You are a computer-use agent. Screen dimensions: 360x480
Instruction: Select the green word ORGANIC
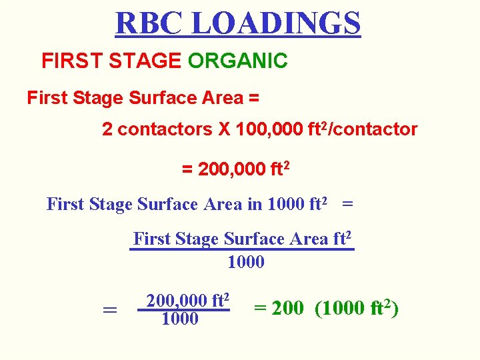(x=237, y=61)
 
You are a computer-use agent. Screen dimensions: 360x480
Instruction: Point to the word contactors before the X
(x=165, y=129)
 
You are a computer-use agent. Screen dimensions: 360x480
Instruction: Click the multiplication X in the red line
(x=225, y=129)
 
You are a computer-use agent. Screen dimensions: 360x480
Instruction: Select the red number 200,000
(x=224, y=169)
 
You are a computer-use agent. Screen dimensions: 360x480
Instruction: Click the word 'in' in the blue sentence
(x=255, y=204)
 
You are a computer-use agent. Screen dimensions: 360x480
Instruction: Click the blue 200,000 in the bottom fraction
(x=175, y=301)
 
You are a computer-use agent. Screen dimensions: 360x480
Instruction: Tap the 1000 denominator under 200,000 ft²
(x=180, y=319)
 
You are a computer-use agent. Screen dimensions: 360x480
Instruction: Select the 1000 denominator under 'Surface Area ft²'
(x=246, y=262)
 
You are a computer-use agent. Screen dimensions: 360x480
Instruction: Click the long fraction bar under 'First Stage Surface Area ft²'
(x=241, y=250)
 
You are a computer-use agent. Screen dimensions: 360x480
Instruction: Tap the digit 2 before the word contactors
(x=107, y=129)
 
